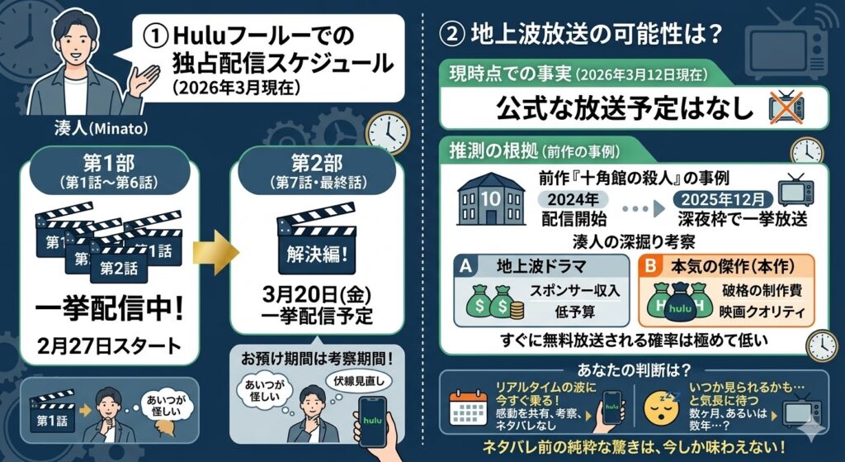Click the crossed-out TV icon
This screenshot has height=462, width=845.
[786, 108]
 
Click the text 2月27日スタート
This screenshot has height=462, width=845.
[110, 345]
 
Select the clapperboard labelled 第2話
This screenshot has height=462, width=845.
[119, 264]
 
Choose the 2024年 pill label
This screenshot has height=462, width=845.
[573, 200]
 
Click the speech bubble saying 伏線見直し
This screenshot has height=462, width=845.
[359, 382]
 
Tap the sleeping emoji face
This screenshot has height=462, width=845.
[659, 408]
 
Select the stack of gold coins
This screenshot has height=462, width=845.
[516, 309]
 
